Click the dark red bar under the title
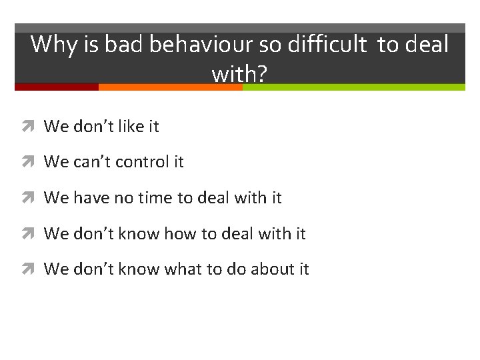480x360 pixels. pyautogui.click(x=56, y=87)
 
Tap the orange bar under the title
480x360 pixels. pyautogui.click(x=170, y=87)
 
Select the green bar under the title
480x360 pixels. pyautogui.click(x=353, y=87)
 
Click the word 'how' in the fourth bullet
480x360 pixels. pyautogui.click(x=178, y=234)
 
